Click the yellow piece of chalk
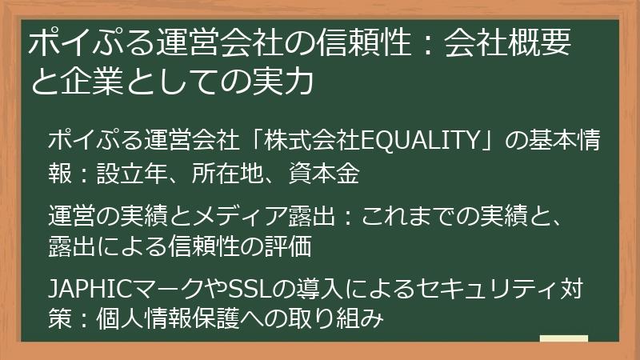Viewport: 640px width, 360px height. tap(563, 339)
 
